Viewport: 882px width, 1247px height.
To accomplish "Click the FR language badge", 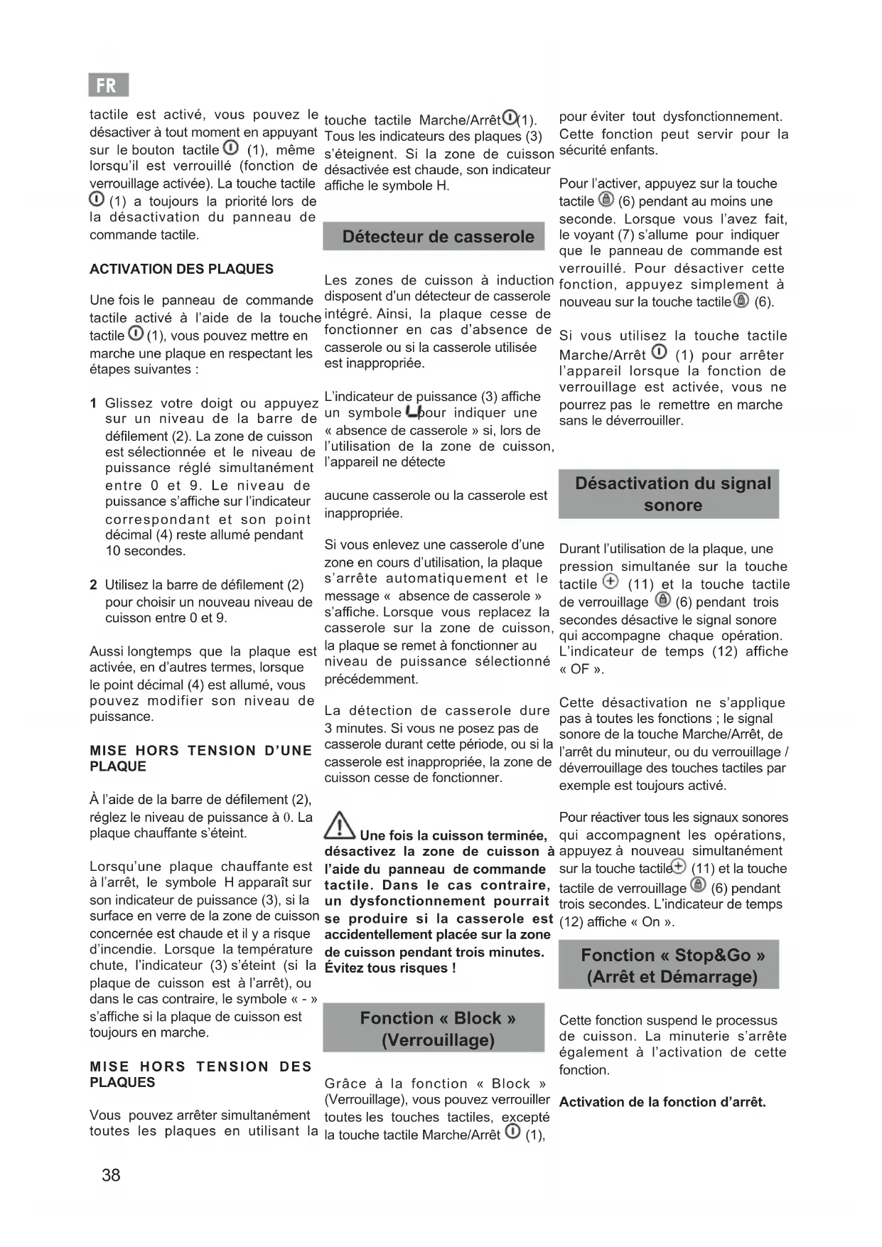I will tap(108, 85).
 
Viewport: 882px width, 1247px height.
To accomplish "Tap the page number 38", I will tap(111, 1174).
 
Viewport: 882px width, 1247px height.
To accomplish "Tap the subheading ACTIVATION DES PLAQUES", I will tap(181, 269).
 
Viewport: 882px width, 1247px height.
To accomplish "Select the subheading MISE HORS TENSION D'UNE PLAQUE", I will tap(200, 758).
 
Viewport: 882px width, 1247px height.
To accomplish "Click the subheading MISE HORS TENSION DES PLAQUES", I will tap(200, 1074).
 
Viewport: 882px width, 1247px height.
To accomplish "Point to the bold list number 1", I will tap(93, 403).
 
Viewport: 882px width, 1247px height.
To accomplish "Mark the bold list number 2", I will tap(93, 584).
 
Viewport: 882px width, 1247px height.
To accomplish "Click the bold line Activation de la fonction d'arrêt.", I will tap(662, 1102).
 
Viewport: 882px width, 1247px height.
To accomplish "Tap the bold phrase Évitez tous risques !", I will tap(390, 968).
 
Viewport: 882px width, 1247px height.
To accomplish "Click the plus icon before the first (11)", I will tap(610, 582).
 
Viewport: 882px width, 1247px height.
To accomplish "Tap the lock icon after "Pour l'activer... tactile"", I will tap(606, 199).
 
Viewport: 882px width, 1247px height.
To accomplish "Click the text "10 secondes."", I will tap(146, 551).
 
